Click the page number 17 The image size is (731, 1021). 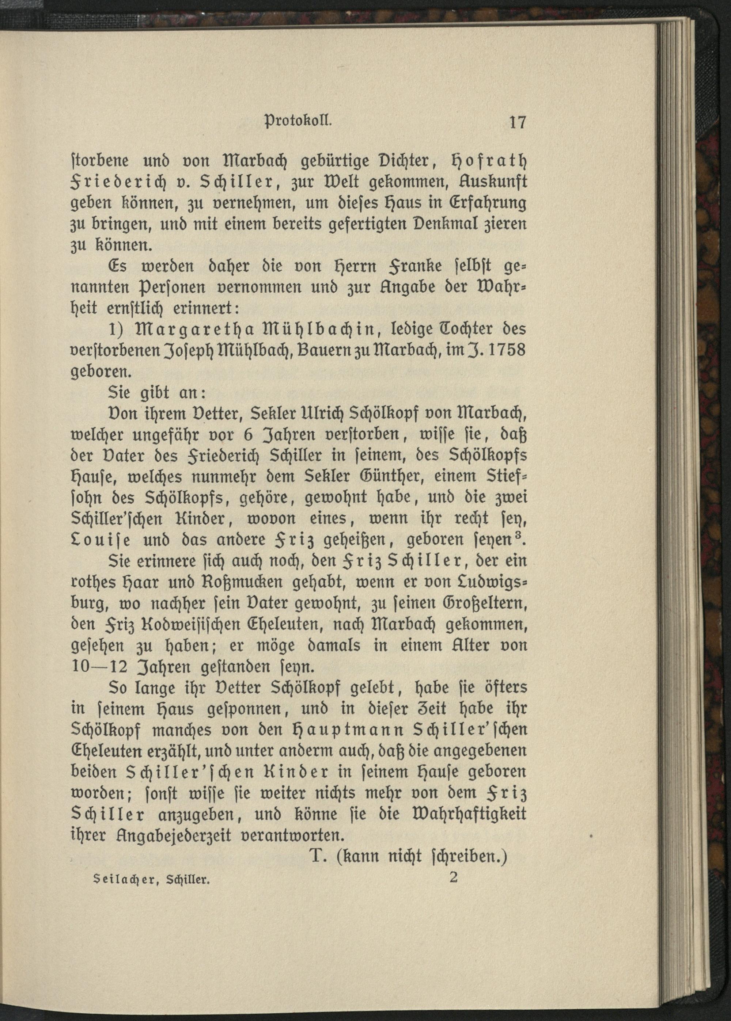517,122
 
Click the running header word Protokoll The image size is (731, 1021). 299,121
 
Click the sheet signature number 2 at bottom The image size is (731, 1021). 453,877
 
